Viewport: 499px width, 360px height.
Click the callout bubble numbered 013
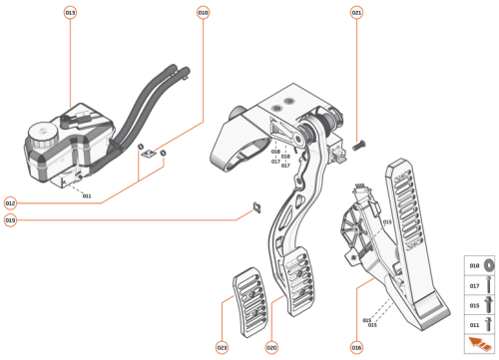70,13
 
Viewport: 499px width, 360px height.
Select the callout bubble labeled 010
203,13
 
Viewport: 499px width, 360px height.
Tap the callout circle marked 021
357,13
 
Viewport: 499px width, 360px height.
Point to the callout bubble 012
10,202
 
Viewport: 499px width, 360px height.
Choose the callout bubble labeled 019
10,219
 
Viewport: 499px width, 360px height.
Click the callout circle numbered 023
222,347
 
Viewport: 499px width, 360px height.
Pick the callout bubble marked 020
271,347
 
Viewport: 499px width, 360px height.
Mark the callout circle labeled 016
356,347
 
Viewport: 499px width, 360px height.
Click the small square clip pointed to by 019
255,207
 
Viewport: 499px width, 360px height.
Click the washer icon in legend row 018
489,268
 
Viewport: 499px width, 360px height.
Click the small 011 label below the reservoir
87,196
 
